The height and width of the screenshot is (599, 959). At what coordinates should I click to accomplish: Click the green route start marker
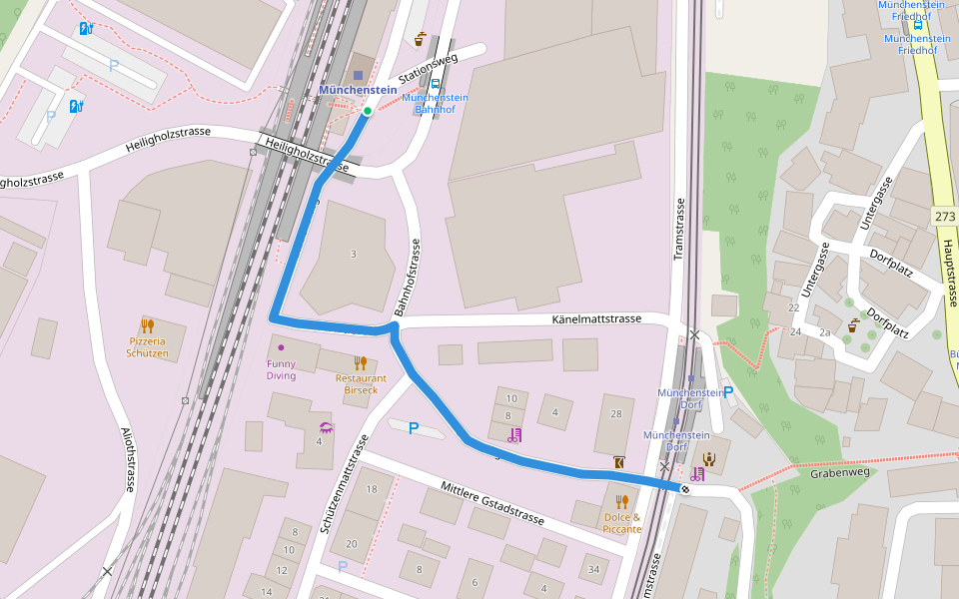(x=368, y=111)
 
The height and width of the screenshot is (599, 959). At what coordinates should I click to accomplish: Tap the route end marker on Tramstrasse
(x=685, y=488)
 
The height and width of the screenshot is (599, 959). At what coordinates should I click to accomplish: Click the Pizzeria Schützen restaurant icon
(x=147, y=325)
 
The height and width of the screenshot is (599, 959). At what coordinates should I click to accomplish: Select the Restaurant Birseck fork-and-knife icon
(x=360, y=362)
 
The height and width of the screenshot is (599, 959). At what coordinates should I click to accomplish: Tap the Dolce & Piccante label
(x=622, y=522)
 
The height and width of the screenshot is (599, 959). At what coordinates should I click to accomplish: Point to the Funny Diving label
(x=281, y=369)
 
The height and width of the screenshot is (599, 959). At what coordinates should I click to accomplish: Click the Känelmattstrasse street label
(x=596, y=319)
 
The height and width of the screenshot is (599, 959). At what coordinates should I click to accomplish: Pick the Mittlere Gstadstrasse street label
(x=492, y=503)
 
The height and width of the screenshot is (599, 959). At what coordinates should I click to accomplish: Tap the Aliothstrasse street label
(x=127, y=458)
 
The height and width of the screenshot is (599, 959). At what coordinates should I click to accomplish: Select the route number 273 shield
(x=945, y=217)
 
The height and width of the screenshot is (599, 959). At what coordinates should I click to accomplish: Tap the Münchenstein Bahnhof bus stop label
(x=436, y=103)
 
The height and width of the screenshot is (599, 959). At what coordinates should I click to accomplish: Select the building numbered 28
(x=615, y=413)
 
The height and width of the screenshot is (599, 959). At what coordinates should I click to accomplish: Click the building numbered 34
(x=593, y=570)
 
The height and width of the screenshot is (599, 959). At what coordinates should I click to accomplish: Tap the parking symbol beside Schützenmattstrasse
(x=413, y=428)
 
